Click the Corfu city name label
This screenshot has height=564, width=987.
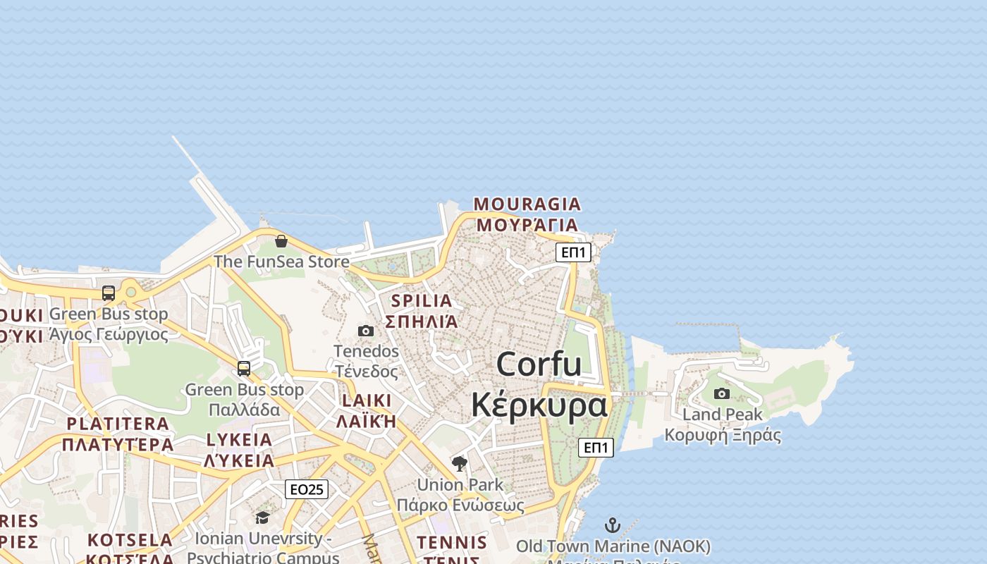point(539,364)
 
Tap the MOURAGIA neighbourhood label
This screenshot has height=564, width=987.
point(527,204)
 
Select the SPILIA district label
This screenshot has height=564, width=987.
point(422,301)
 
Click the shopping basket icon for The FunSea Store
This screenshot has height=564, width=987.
point(281,241)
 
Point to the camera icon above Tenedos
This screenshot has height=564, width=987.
point(366,331)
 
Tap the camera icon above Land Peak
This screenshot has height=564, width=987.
point(722,394)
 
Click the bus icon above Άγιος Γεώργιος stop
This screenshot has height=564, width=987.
point(109,293)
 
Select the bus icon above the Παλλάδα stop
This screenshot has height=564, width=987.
point(244,368)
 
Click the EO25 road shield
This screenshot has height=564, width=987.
point(307,489)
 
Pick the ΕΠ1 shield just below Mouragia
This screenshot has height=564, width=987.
point(573,252)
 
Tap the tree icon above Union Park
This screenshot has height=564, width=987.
point(460,464)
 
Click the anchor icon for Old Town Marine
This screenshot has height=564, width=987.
point(613,525)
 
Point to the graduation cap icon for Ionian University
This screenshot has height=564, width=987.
point(262,518)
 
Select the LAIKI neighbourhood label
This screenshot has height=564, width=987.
point(366,400)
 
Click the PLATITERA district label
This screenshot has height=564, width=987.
point(118,424)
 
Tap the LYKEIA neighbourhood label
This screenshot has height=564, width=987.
point(239,440)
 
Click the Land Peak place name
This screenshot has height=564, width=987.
point(723,415)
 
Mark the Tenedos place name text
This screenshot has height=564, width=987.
point(366,351)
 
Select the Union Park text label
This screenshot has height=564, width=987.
point(460,485)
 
